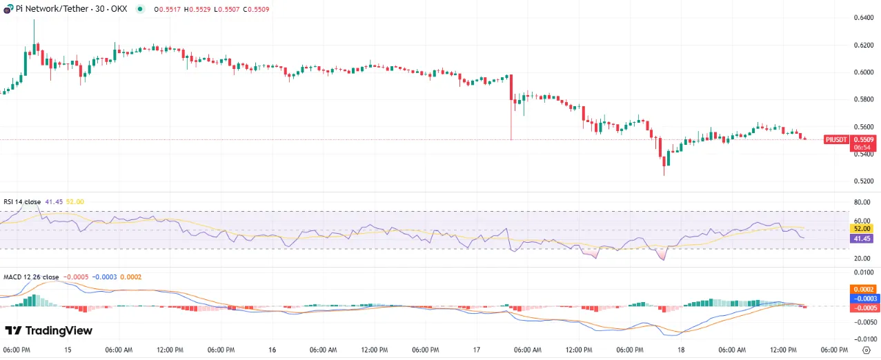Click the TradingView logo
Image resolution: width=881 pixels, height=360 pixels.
pos(48,331)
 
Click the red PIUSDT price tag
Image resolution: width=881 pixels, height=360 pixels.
pos(836,139)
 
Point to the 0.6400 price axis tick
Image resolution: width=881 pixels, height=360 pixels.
pos(863,17)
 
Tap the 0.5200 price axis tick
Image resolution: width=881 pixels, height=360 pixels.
pos(863,181)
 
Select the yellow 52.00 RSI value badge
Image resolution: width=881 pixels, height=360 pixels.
pos(863,228)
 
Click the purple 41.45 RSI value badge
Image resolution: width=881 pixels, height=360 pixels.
pos(863,238)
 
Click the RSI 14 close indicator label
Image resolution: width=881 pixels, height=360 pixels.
pos(23,201)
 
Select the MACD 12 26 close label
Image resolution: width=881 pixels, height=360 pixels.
pos(31,277)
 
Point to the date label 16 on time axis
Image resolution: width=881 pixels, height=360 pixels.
pos(272,350)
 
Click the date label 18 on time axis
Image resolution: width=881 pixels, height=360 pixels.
pos(681,350)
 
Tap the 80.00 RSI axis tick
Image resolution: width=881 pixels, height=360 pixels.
pos(862,203)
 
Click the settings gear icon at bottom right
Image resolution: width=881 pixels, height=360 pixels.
pos(867,350)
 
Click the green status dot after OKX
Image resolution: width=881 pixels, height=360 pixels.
pos(140,9)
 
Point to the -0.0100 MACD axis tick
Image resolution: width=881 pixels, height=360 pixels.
pos(862,339)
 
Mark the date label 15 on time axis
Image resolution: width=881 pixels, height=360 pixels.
pos(68,350)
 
